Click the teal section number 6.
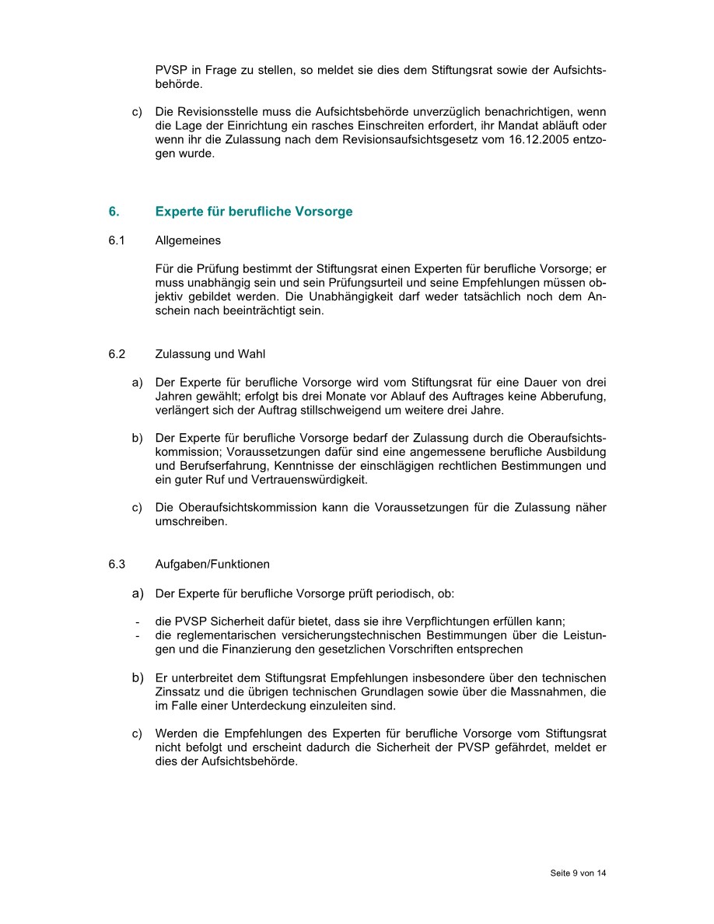click(x=114, y=212)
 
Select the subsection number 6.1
click(x=117, y=240)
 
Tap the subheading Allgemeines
click(x=187, y=240)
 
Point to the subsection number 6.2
click(x=117, y=354)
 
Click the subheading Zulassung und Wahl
click(x=210, y=354)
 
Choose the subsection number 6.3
click(x=117, y=564)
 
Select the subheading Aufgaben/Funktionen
click(x=212, y=564)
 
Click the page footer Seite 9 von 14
click(x=578, y=873)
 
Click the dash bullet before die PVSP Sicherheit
click(x=137, y=621)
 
